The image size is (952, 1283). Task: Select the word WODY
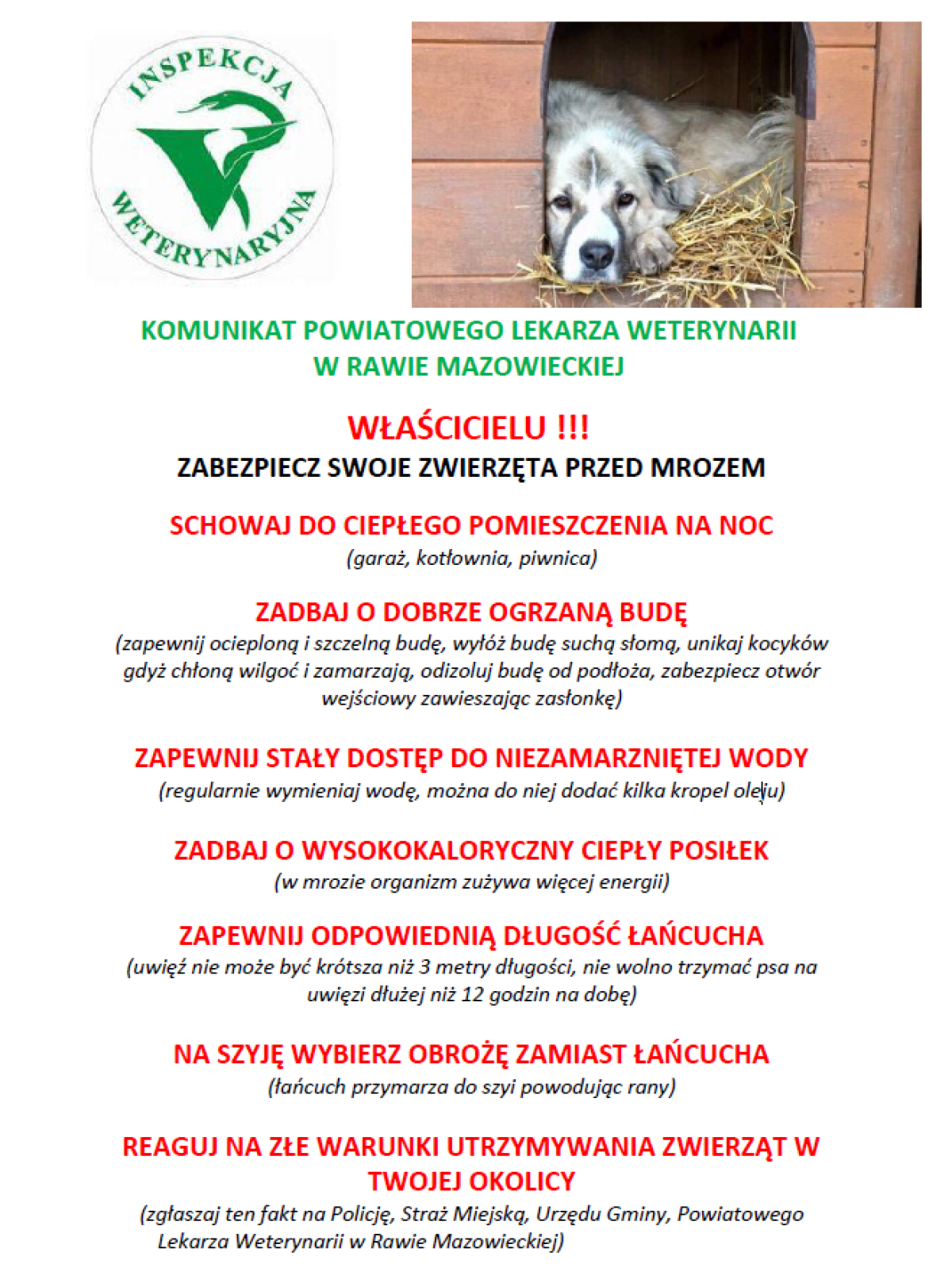click(768, 758)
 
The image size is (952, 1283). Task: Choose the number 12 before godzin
click(473, 994)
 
